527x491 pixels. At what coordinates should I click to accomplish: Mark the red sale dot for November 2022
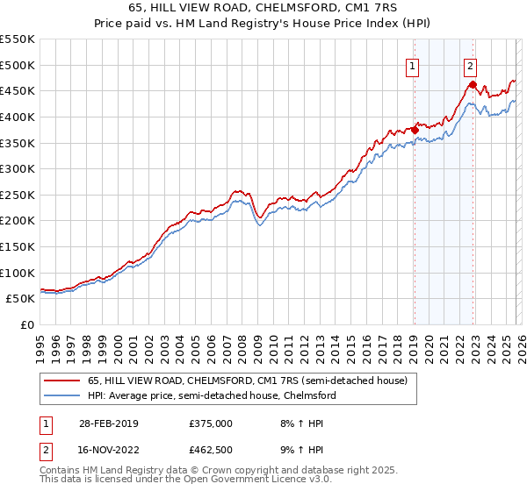(473, 84)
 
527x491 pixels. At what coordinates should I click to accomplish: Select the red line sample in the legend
(62, 381)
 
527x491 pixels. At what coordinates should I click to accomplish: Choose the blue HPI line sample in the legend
(62, 395)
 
